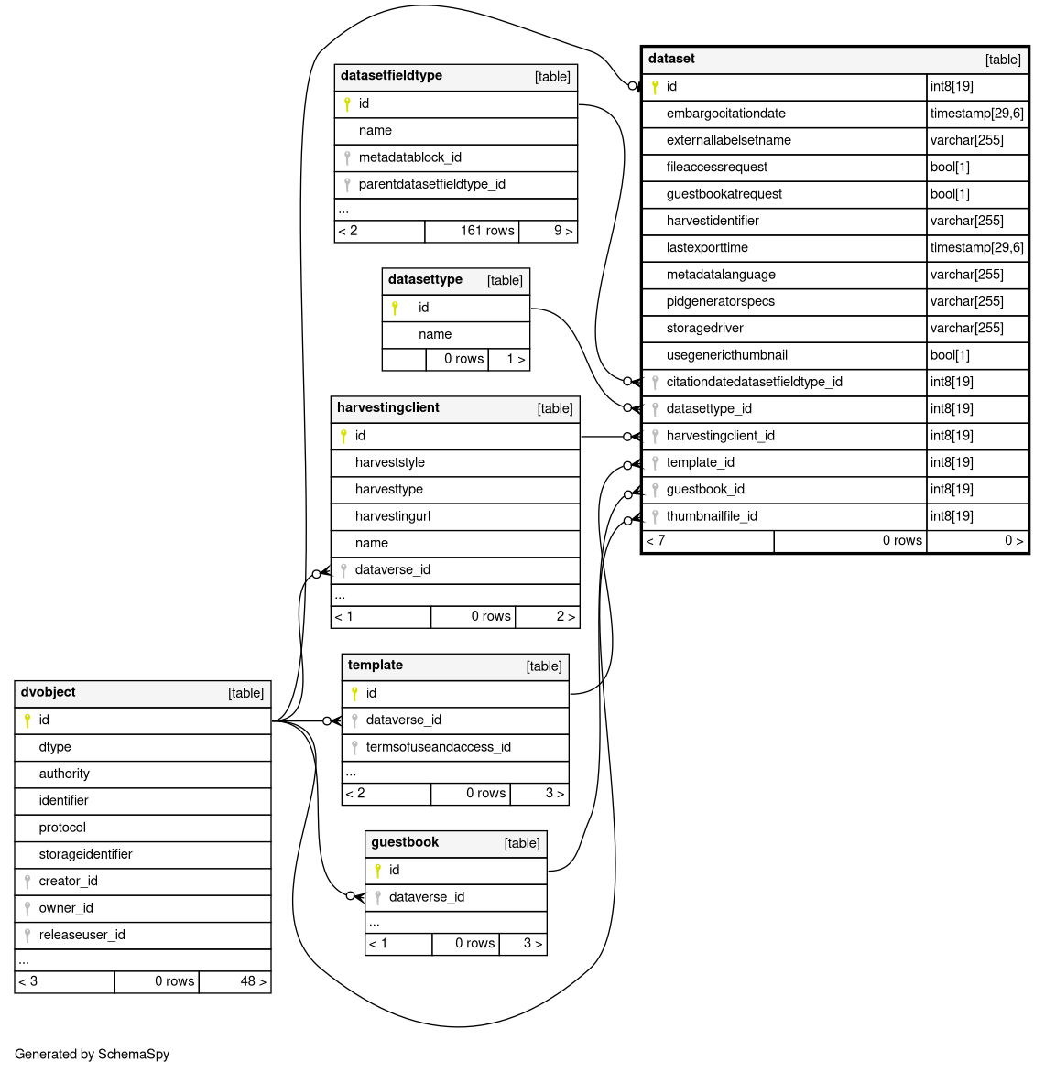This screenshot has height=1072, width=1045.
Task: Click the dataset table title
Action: (x=671, y=59)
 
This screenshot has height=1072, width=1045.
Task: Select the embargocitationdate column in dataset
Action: (x=725, y=114)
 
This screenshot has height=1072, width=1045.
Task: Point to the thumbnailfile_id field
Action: (x=712, y=516)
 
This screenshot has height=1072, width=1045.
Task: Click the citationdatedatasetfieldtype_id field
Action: (x=754, y=382)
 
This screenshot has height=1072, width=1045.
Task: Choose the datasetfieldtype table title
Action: (x=391, y=76)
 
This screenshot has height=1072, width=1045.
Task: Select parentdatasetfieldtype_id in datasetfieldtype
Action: (x=431, y=184)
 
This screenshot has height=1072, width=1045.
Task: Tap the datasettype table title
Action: (x=425, y=280)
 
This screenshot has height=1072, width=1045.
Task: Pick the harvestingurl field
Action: (x=392, y=516)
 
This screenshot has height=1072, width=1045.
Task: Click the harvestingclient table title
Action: (x=387, y=408)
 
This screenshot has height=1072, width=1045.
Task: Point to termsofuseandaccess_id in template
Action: (x=438, y=747)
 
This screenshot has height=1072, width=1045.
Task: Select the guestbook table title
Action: (x=405, y=843)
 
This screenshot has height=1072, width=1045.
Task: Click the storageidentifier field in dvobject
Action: (x=85, y=854)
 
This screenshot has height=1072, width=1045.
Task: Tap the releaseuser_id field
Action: (x=82, y=935)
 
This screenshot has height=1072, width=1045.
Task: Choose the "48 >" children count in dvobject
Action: (x=253, y=981)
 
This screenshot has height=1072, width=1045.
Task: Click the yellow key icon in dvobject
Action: (x=27, y=720)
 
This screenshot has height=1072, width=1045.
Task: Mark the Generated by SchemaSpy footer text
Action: (x=92, y=1054)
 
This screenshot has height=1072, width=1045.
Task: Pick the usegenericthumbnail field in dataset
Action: (x=726, y=355)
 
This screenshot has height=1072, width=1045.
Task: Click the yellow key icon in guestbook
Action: (x=377, y=871)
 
